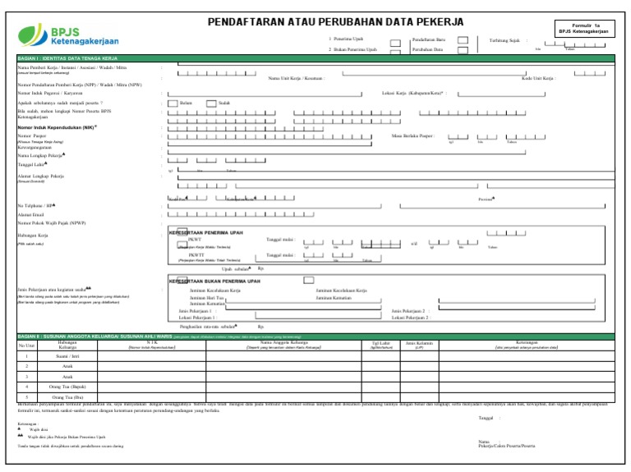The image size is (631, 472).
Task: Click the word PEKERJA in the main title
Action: [x=432, y=21]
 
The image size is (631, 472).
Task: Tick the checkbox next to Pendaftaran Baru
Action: [x=463, y=39]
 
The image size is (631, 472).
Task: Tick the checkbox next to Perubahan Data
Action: [x=463, y=49]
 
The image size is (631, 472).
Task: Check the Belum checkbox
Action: [x=173, y=103]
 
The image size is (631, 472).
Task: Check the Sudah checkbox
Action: [x=211, y=103]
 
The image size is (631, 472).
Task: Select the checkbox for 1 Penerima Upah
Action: [x=395, y=40]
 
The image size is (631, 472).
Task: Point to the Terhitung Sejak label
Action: [x=506, y=39]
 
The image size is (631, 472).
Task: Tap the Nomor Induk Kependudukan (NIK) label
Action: [x=57, y=127]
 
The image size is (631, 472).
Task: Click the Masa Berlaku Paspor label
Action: [x=414, y=135]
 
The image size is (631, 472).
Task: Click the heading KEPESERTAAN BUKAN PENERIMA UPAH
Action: [x=219, y=281]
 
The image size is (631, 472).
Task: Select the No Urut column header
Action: [x=26, y=345]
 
